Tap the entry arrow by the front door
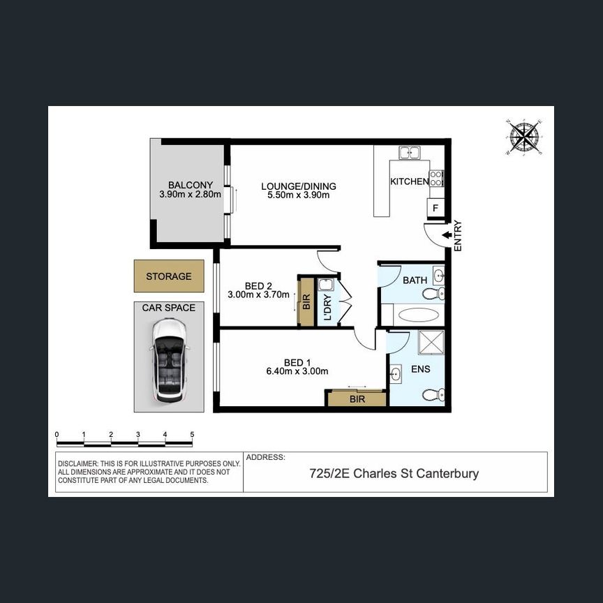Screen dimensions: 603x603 tap(446, 235)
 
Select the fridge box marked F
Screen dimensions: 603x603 tap(435, 208)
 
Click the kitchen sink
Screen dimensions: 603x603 tap(408, 152)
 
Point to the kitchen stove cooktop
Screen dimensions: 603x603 tap(436, 178)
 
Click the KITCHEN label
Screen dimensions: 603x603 tap(409, 181)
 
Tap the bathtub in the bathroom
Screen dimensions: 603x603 tap(419, 315)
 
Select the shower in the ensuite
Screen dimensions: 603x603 tap(431, 344)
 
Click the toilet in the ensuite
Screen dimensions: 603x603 tap(433, 395)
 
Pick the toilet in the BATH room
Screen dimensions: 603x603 tap(433, 294)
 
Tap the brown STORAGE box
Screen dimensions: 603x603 tap(169, 276)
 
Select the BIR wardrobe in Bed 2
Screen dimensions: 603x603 tap(306, 301)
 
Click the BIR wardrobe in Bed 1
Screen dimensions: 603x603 tap(357, 399)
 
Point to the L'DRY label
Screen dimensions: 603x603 tap(326, 307)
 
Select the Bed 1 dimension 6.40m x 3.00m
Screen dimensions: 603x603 tap(297, 372)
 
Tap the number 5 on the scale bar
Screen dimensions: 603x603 tap(192, 435)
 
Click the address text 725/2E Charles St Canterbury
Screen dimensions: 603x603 tap(394, 474)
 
